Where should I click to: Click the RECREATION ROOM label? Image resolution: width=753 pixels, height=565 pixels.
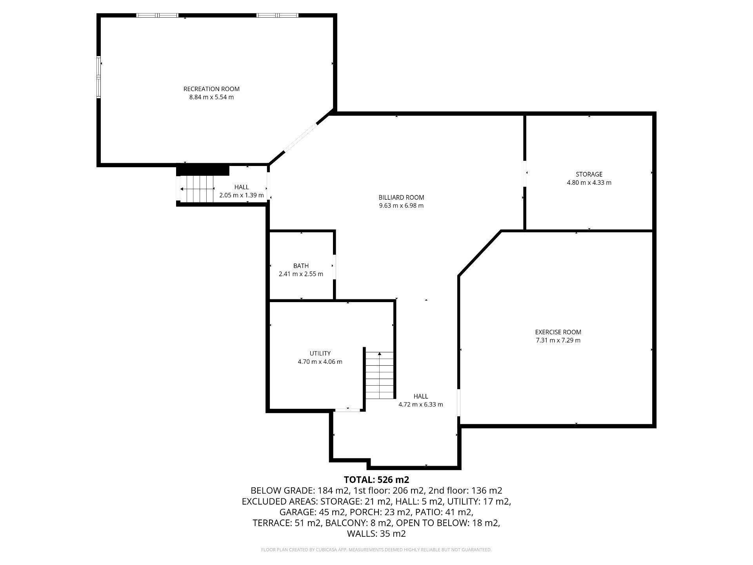tap(211, 89)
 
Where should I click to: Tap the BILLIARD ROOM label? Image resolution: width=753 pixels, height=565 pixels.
tap(401, 197)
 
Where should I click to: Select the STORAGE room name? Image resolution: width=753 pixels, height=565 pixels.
tap(589, 174)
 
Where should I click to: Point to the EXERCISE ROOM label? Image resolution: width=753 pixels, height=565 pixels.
tap(558, 332)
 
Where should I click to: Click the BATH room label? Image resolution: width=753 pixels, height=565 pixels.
tap(301, 266)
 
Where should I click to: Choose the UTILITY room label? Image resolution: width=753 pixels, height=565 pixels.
tap(320, 353)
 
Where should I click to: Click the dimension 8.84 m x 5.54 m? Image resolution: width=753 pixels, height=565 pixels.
tap(211, 97)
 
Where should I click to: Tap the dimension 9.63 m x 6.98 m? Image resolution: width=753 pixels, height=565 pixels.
tap(401, 206)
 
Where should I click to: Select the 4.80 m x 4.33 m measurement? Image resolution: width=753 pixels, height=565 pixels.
tap(589, 182)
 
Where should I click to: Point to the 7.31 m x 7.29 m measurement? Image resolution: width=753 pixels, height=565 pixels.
tap(558, 340)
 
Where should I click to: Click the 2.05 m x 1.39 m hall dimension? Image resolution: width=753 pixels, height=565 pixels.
tap(242, 195)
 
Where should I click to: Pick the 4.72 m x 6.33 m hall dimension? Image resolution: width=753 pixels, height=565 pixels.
tap(421, 405)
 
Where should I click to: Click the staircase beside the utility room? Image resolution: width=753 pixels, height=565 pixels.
tap(380, 375)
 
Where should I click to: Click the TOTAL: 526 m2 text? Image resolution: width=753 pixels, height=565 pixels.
tap(376, 479)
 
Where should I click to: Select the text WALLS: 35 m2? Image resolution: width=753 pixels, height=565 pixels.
tap(376, 534)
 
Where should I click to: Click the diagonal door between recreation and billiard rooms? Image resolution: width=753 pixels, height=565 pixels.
tap(300, 137)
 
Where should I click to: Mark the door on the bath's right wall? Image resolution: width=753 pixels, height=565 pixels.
tap(334, 267)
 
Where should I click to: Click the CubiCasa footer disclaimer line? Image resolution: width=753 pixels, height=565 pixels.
tap(376, 550)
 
